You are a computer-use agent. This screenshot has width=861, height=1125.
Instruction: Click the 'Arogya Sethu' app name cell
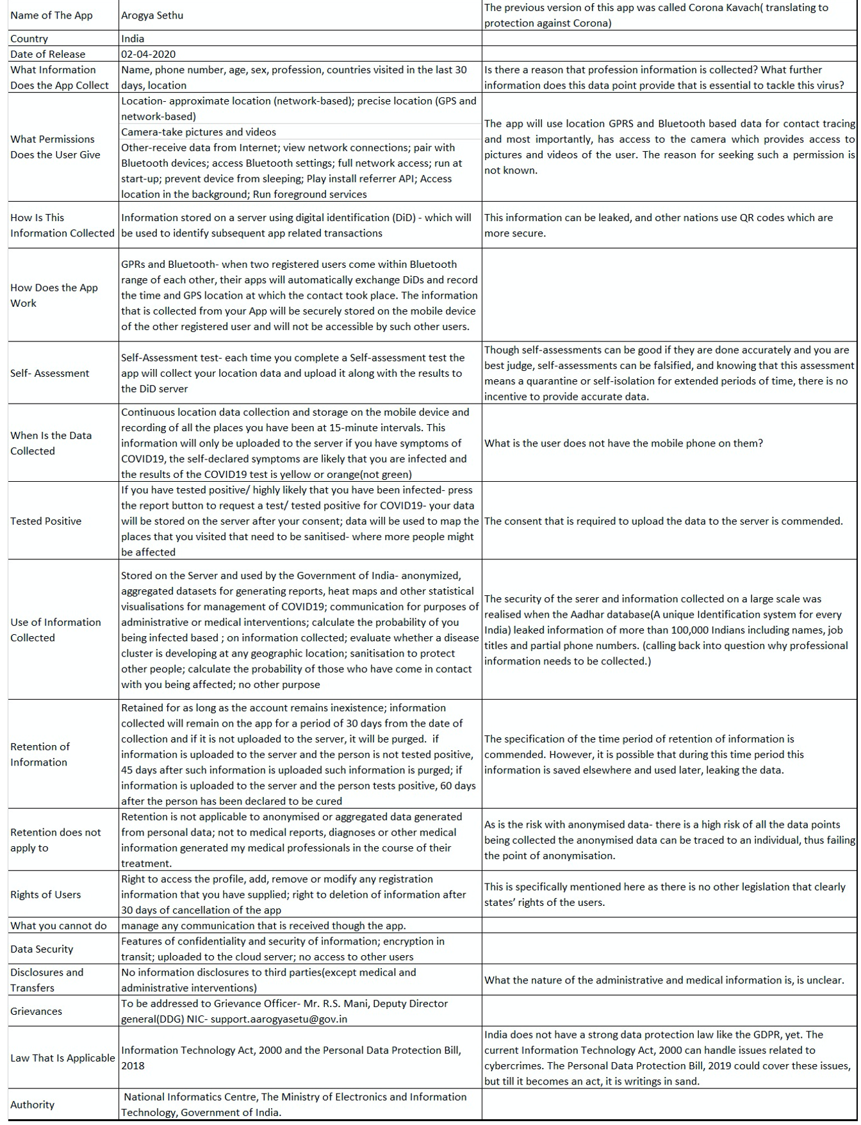point(152,15)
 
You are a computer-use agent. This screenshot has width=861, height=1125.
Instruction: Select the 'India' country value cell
point(133,38)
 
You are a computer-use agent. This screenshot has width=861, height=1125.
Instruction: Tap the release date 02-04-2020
point(148,54)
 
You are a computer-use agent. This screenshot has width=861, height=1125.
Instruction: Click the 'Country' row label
point(29,38)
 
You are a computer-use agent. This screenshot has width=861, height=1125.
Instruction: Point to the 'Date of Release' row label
point(47,54)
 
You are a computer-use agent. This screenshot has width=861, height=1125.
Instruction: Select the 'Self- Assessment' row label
point(49,373)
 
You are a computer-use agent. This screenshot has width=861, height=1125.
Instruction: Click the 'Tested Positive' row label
point(45,521)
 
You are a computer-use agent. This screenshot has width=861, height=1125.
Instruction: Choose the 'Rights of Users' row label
point(45,894)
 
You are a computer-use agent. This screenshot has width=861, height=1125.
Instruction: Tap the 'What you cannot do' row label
point(58,925)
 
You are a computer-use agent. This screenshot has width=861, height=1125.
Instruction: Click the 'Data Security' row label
point(42,949)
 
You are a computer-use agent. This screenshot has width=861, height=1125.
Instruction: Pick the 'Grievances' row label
point(36,1011)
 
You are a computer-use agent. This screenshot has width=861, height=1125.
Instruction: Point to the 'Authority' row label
point(32,1104)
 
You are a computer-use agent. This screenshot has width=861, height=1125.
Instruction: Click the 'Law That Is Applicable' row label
point(62,1058)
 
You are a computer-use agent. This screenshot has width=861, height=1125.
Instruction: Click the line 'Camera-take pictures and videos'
point(199,132)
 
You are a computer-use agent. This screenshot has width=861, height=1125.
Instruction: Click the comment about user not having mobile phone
point(623,443)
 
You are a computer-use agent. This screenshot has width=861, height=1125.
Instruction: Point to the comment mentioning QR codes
point(659,226)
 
